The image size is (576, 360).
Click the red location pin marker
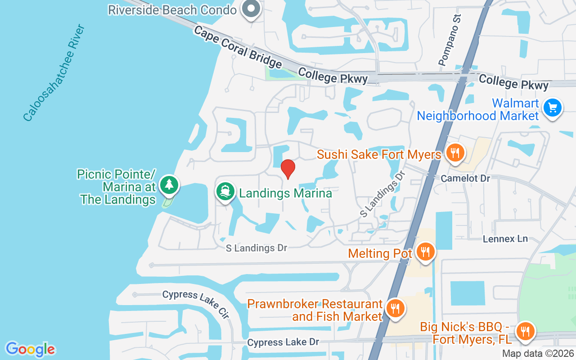(288, 169)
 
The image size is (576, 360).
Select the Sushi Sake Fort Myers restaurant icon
(455, 153)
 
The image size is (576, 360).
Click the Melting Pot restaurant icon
(425, 252)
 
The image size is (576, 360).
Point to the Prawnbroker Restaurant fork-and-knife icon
(395, 309)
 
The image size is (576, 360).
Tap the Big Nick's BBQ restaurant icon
(525, 332)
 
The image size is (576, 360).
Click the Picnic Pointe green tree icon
(169, 185)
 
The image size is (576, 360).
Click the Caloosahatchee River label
(54, 73)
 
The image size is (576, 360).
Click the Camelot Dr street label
(465, 179)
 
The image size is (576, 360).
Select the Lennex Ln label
(505, 239)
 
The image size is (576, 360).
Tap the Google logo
(30, 349)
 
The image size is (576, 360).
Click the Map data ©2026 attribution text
(538, 354)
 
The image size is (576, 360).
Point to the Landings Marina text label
(285, 193)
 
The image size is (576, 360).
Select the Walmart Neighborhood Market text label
(478, 109)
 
